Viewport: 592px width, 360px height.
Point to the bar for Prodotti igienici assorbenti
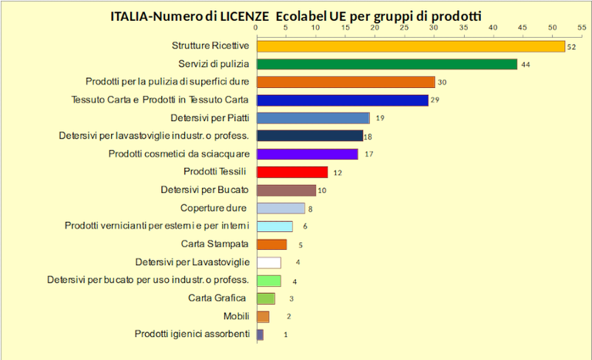coord(260,335)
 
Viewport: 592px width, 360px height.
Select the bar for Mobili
coord(262,316)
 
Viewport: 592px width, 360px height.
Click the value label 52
coord(571,47)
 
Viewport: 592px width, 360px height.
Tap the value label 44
coord(525,65)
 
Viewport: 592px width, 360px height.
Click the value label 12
coord(337,173)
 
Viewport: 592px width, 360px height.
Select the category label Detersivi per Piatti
coord(210,118)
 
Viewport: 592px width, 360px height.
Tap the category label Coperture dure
coord(214,208)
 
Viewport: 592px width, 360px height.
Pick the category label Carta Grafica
coord(217,298)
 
